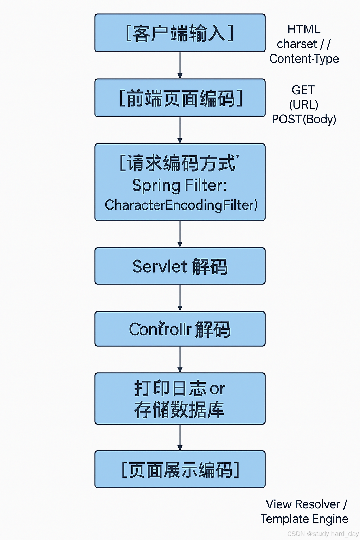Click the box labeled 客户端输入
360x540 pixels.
click(180, 33)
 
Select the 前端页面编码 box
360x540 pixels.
click(180, 98)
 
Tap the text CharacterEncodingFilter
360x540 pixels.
click(181, 205)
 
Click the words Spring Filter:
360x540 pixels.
click(180, 185)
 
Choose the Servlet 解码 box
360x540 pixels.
click(180, 266)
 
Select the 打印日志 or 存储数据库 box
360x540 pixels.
click(180, 399)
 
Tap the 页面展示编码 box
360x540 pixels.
click(180, 469)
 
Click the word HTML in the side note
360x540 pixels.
click(304, 29)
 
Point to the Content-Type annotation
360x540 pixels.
click(304, 59)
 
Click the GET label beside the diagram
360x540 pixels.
click(303, 90)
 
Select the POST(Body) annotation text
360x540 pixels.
click(304, 119)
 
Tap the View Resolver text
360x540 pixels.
click(303, 504)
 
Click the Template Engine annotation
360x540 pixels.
click(304, 519)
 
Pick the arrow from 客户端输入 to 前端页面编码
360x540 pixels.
click(180, 65)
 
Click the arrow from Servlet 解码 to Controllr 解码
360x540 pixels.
click(180, 298)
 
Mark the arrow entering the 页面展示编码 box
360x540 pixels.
click(180, 437)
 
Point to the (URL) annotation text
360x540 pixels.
click(304, 105)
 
